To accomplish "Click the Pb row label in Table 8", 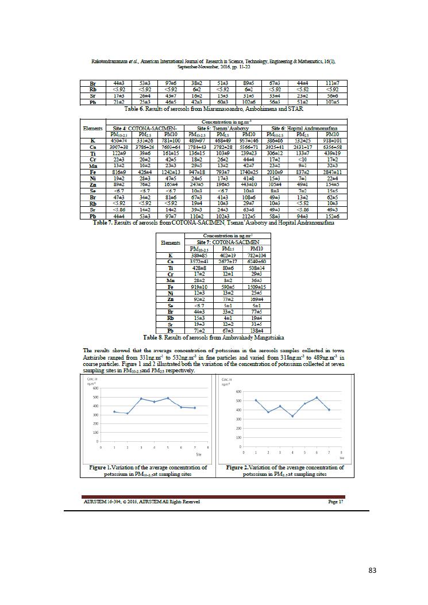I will pyautogui.click(x=169, y=331).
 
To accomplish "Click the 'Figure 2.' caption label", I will pyautogui.click(x=240, y=468).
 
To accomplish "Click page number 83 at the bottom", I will pyautogui.click(x=372, y=570).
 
